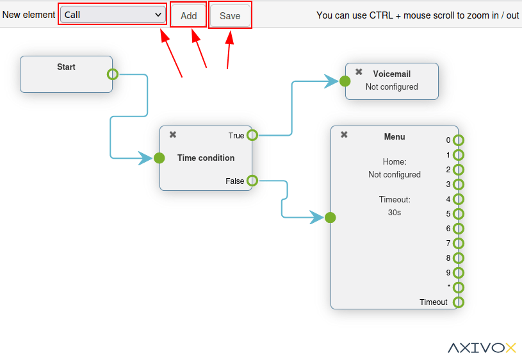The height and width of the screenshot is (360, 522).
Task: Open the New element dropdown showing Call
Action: [113, 15]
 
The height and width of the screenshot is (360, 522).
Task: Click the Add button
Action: [188, 16]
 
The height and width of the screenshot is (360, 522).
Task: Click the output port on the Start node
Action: [113, 74]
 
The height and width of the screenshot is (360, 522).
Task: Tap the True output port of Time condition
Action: [252, 135]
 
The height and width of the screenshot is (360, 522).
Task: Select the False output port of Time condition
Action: [252, 181]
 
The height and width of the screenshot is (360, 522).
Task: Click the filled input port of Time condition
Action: [159, 158]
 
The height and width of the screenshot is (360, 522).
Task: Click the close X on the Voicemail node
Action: [359, 72]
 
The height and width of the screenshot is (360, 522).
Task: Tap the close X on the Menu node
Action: [344, 135]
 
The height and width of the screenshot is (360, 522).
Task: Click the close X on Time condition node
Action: [173, 135]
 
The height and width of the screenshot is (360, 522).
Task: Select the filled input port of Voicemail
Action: [345, 81]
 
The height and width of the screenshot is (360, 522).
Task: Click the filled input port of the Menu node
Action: [330, 218]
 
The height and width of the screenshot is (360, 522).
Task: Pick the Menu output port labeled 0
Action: [459, 140]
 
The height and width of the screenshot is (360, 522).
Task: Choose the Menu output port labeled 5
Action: [459, 214]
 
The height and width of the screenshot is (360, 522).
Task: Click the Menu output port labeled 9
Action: [459, 273]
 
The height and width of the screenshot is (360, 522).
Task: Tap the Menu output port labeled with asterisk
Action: [459, 288]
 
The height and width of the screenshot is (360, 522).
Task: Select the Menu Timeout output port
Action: [459, 302]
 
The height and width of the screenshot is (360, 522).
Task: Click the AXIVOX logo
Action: [482, 348]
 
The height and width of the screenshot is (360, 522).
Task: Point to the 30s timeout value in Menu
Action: [395, 212]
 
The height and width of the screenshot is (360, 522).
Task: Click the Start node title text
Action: [66, 67]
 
